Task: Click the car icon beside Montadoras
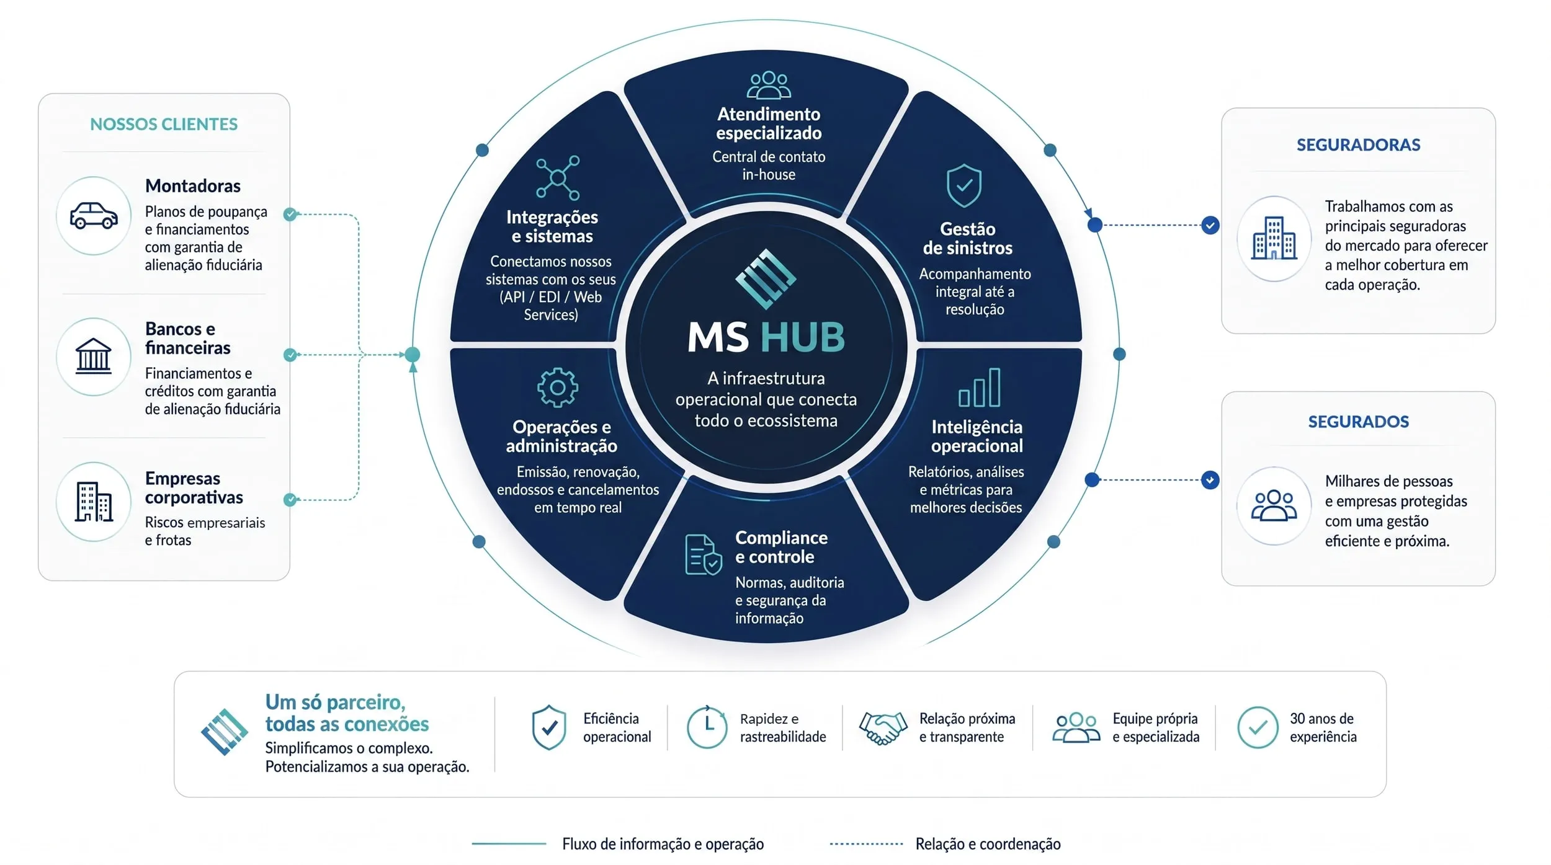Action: pyautogui.click(x=94, y=216)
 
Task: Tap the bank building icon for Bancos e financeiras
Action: pyautogui.click(x=94, y=356)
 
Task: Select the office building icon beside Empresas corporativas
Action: pyautogui.click(x=94, y=502)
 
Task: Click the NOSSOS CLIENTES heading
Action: pyautogui.click(x=164, y=124)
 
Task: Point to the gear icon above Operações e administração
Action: pyautogui.click(x=557, y=388)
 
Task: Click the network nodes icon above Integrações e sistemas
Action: pyautogui.click(x=558, y=178)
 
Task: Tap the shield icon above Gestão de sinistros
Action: pyautogui.click(x=964, y=185)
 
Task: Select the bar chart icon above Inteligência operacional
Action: pyautogui.click(x=979, y=388)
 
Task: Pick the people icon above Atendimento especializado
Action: pyautogui.click(x=769, y=86)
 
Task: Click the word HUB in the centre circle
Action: pyautogui.click(x=803, y=338)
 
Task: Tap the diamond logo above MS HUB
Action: pyautogui.click(x=766, y=279)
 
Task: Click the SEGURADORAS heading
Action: pyautogui.click(x=1358, y=145)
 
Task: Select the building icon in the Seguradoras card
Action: pyautogui.click(x=1274, y=238)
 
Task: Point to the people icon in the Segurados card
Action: pyautogui.click(x=1274, y=505)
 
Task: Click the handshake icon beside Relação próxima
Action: pyautogui.click(x=882, y=727)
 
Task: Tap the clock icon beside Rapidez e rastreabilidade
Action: pyautogui.click(x=707, y=727)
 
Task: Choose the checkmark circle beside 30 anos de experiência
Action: pyautogui.click(x=1258, y=727)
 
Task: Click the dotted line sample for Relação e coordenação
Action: pyautogui.click(x=866, y=844)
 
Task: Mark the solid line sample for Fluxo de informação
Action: pyautogui.click(x=509, y=844)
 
